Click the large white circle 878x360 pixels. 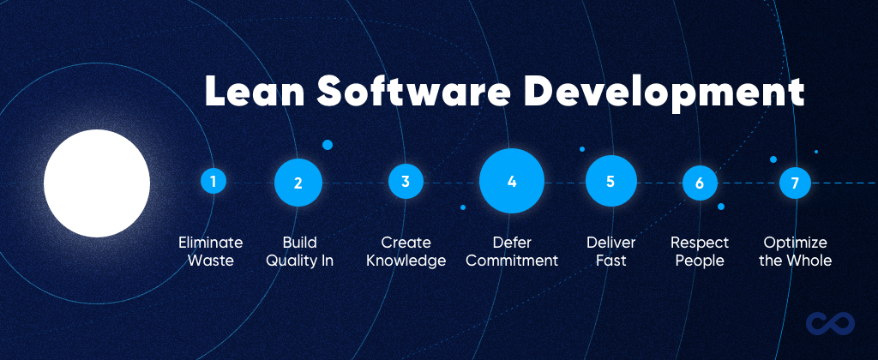97,183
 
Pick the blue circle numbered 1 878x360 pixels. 213,182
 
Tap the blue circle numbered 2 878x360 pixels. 298,183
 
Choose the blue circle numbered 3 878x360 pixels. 406,182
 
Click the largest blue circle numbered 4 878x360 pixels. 512,182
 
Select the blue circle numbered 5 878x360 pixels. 610,182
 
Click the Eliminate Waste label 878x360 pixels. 211,251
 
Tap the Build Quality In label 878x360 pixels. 299,251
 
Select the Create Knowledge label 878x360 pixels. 406,251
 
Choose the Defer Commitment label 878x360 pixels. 514,251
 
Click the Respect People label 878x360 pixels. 699,251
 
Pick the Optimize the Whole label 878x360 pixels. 796,251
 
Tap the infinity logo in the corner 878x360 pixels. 830,323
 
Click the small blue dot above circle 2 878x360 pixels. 328,145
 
